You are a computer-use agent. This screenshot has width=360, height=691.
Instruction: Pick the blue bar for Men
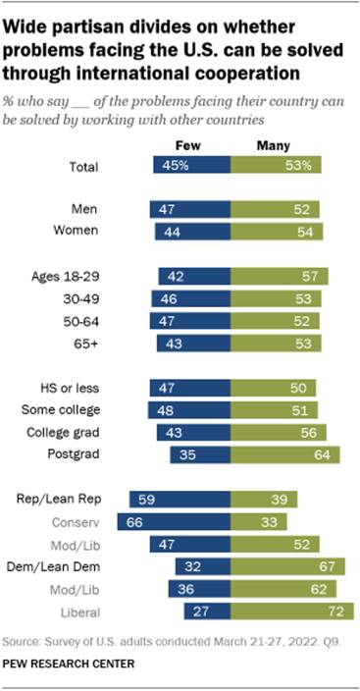187,210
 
